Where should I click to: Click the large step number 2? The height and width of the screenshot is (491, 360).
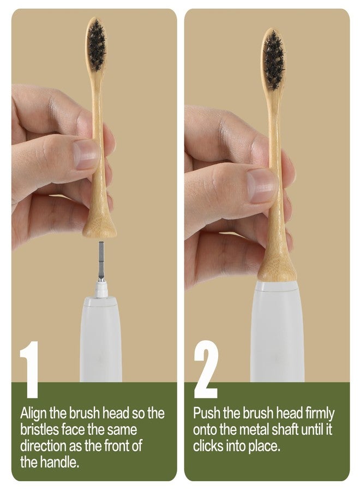point(206,369)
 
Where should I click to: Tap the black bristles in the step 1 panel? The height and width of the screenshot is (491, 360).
point(97,44)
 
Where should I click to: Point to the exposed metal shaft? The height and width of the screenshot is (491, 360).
point(101,261)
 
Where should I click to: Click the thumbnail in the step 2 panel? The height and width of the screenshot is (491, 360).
point(261,186)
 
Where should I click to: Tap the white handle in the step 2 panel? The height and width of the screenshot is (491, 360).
point(277,332)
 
